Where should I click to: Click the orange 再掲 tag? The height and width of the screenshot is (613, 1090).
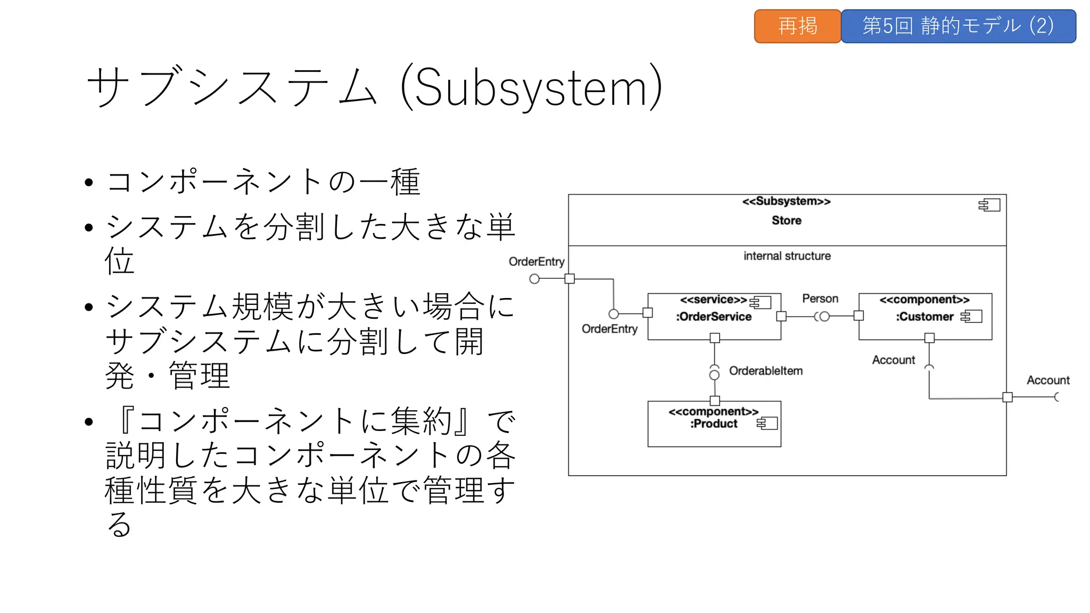797,26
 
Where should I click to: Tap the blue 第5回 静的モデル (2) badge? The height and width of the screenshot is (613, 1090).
958,26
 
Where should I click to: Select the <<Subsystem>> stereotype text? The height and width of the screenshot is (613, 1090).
786,201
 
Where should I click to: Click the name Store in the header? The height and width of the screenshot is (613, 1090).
786,220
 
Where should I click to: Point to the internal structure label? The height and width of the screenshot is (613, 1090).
787,256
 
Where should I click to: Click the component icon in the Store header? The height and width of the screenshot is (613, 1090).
989,205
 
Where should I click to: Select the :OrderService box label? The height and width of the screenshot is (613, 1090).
714,317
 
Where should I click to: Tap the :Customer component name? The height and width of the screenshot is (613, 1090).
924,317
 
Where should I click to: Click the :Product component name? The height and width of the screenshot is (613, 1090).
714,424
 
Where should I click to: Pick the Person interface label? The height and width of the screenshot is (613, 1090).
820,299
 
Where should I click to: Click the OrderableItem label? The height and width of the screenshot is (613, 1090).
765,371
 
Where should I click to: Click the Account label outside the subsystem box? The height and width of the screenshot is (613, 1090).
1047,380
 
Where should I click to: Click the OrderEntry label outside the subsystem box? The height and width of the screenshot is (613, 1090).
536,261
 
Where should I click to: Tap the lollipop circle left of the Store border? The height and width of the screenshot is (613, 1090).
534,279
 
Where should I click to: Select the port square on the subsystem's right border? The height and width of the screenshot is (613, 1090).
1007,397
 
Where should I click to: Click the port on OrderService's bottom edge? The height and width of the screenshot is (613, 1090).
715,338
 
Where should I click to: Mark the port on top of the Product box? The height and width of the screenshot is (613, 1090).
715,401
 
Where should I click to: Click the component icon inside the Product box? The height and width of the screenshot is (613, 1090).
767,423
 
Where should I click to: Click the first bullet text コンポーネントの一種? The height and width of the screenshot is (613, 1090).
263,181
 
